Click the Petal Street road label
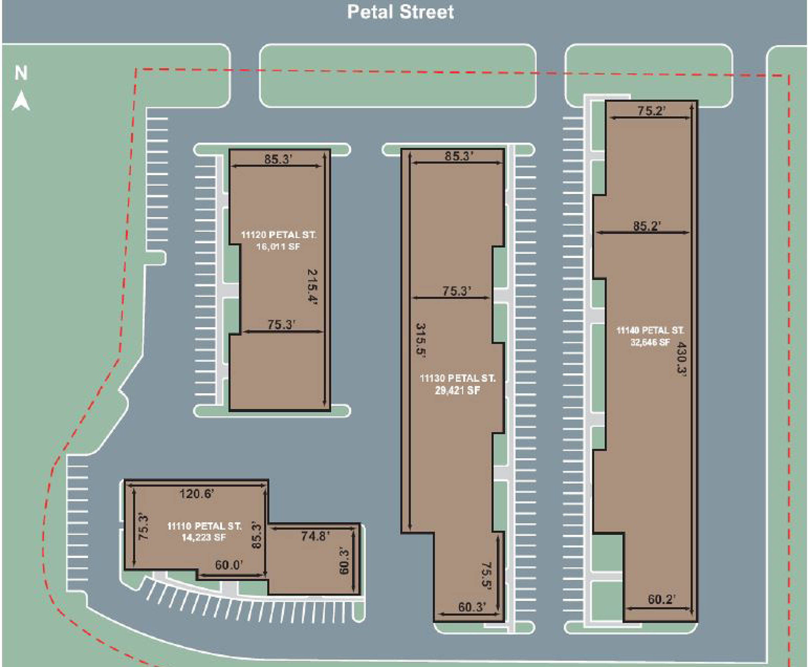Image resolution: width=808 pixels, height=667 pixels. click(401, 12)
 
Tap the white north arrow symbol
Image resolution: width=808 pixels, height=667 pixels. click(21, 101)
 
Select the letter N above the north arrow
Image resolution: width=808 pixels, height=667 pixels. click(21, 73)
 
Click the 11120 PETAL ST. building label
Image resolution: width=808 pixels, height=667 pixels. click(278, 235)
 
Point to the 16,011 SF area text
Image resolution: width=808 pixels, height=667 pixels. click(278, 246)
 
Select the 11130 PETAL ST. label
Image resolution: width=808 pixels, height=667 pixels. click(457, 379)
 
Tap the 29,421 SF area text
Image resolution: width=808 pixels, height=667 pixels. click(457, 391)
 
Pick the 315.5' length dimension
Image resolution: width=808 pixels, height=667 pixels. click(421, 341)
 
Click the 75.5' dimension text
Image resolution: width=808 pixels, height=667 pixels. click(486, 575)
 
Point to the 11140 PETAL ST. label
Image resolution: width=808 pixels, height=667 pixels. click(650, 330)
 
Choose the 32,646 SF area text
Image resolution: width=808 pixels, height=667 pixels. click(650, 342)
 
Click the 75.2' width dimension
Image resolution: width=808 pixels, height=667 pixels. click(651, 111)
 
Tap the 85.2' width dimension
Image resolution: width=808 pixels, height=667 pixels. click(647, 226)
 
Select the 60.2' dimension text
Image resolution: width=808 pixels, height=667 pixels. click(662, 599)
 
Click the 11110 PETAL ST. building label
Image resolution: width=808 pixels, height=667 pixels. click(204, 526)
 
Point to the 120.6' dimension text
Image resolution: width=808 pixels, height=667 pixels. click(197, 493)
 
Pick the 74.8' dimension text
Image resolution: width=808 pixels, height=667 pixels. click(316, 536)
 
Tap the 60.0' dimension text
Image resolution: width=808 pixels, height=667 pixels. click(229, 565)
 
